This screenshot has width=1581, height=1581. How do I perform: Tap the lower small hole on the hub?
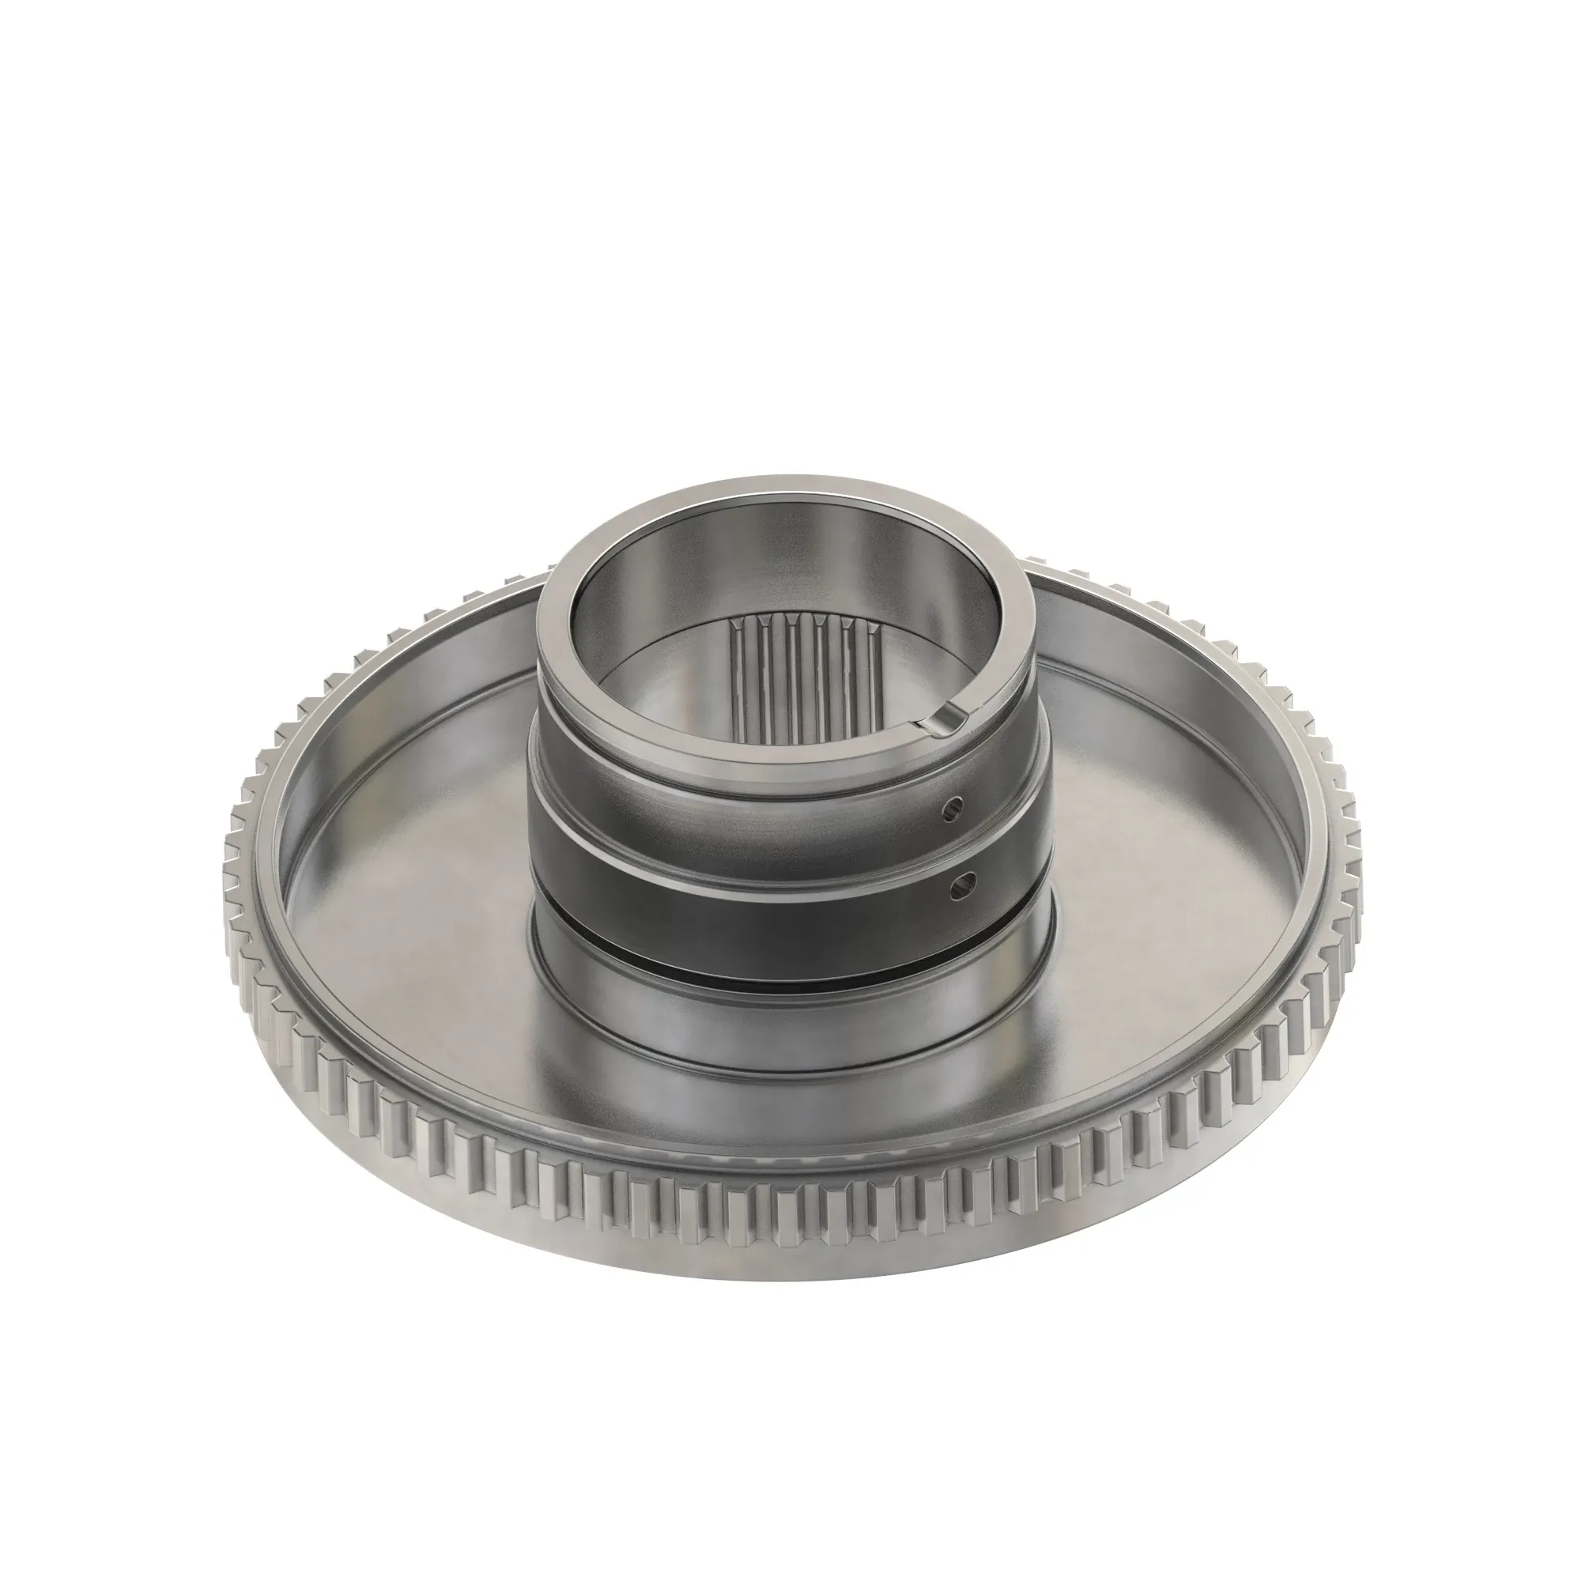pyautogui.click(x=960, y=882)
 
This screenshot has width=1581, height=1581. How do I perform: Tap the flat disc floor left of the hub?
pyautogui.click(x=409, y=884)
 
